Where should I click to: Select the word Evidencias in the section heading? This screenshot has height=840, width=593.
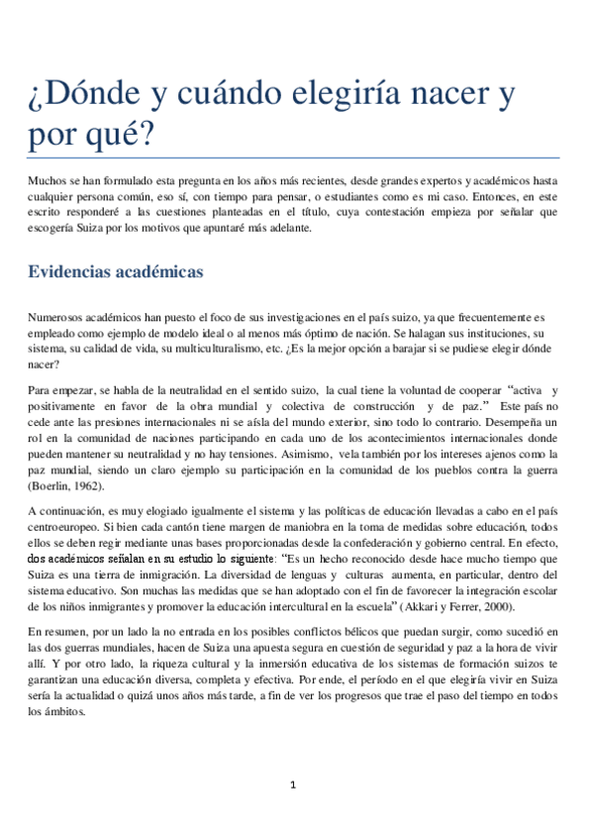[x=74, y=245]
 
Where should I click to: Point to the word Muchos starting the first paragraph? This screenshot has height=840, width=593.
[x=48, y=180]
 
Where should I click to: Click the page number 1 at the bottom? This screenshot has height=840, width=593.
[x=293, y=786]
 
